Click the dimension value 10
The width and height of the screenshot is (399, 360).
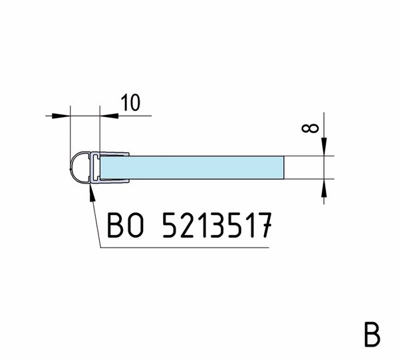click(130, 103)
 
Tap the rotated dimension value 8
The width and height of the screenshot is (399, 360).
click(310, 128)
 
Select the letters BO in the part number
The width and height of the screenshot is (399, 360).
click(125, 225)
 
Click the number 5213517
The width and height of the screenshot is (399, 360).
click(217, 225)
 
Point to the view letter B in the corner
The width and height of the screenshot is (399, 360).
click(372, 334)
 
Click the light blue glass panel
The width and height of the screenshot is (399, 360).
click(192, 168)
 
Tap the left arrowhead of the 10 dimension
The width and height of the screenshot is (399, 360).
click(61, 116)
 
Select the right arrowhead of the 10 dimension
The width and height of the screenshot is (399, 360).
click(109, 116)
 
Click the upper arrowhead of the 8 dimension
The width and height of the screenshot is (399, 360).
click(324, 146)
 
